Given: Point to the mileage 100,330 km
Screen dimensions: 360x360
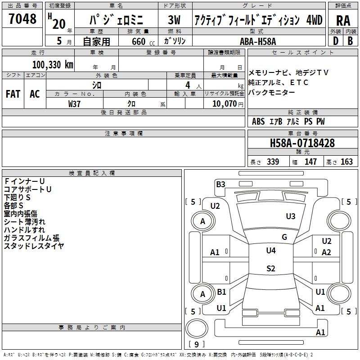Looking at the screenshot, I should click(53, 64).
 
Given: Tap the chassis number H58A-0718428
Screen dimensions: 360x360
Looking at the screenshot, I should click(302, 143).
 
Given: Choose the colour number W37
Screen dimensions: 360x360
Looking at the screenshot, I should click(74, 103).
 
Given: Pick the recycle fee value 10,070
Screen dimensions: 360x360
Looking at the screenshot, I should click(222, 103).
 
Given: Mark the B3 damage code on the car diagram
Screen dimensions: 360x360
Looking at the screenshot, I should click(220, 184).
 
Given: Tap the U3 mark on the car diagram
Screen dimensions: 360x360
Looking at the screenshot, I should click(291, 216).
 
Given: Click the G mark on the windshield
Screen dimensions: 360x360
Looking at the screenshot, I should click(284, 237).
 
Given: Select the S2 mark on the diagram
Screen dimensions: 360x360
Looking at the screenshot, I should click(270, 269).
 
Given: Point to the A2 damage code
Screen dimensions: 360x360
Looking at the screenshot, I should click(327, 252).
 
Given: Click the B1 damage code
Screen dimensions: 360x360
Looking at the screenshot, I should click(221, 292).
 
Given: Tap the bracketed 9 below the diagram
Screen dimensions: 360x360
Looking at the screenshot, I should click(196, 344).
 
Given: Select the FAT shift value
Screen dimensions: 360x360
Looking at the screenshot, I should click(13, 94).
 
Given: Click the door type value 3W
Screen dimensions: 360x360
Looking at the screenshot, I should click(174, 20).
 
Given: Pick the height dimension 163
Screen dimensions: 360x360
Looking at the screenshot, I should click(346, 162).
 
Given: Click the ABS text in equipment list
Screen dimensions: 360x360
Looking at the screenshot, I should click(258, 121).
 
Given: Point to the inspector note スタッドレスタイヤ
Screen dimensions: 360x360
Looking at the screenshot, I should click(34, 246).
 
